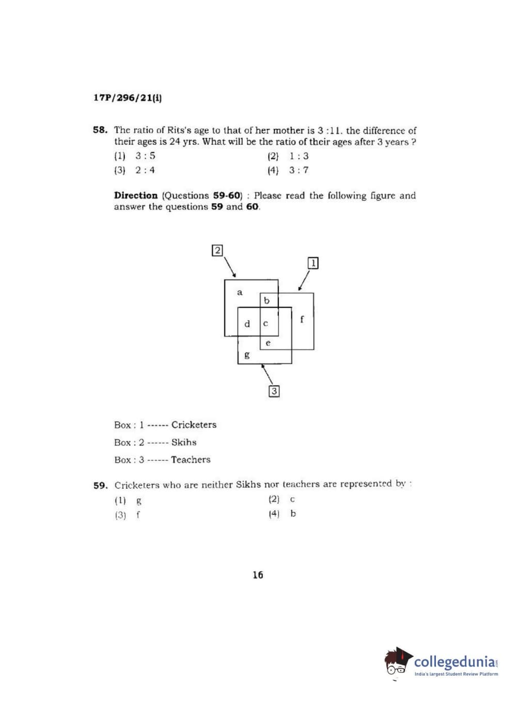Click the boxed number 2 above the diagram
pos(217,251)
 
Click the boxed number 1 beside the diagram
pos(313,263)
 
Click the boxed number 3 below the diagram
pos(274,391)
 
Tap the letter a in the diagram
pos(240,293)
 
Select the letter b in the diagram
pos(267,300)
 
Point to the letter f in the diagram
pos(302,319)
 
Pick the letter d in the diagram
pos(247,324)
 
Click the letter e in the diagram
pos(268,343)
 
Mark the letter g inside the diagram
pos(247,355)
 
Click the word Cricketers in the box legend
pos(194,425)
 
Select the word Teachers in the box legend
pos(191,460)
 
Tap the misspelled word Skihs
pos(184,443)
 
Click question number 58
pos(100,130)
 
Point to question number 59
pos(100,485)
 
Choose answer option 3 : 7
pos(299,170)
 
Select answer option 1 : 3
pos(299,156)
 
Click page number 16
pos(258,575)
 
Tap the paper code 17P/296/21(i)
pos(128,98)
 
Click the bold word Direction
pos(136,195)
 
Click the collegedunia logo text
pos(455,662)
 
